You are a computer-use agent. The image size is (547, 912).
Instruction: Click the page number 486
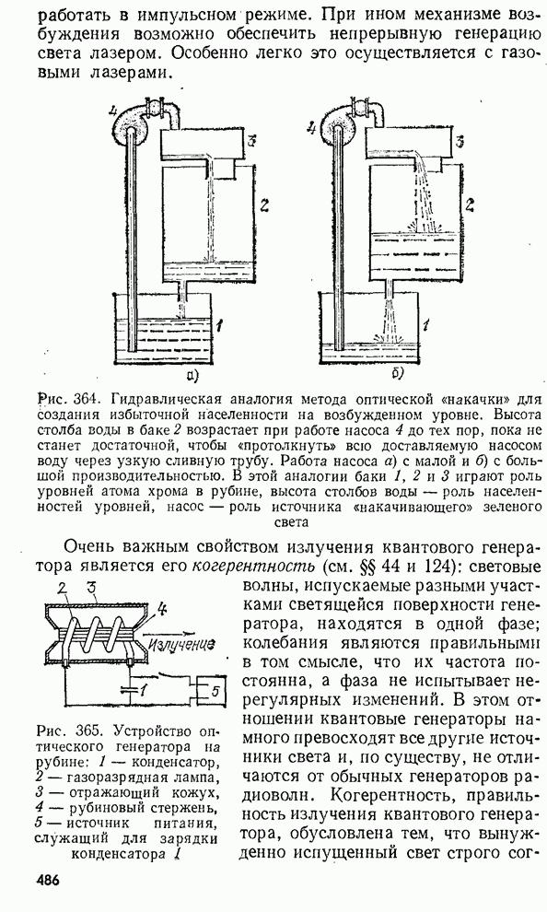pyautogui.click(x=47, y=880)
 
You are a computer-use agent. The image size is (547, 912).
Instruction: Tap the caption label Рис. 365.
pyautogui.click(x=71, y=731)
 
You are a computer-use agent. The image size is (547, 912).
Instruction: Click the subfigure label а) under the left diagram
pyautogui.click(x=192, y=374)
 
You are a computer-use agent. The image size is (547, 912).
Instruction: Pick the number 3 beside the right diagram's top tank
pyautogui.click(x=460, y=141)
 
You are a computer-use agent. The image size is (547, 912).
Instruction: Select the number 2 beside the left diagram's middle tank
pyautogui.click(x=264, y=205)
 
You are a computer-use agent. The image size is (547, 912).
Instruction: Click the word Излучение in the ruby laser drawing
pyautogui.click(x=182, y=643)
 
